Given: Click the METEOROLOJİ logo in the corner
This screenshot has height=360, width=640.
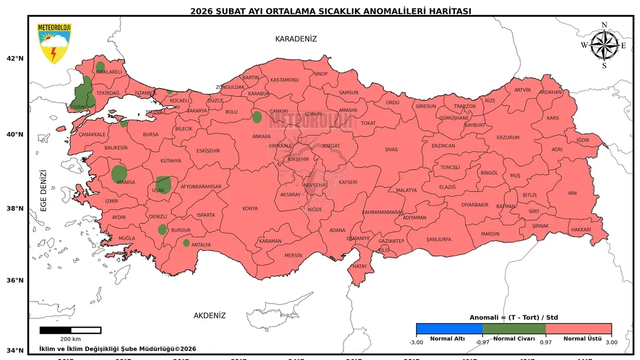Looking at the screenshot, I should click(54, 43).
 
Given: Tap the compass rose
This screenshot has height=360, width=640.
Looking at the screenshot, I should click(604, 45).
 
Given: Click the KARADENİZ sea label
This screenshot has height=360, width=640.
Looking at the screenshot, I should click(296, 39).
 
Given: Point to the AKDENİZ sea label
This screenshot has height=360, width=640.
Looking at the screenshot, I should click(210, 315).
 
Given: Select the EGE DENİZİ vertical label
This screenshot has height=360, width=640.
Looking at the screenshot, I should click(44, 190).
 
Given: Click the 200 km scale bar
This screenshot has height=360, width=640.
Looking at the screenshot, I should click(70, 330).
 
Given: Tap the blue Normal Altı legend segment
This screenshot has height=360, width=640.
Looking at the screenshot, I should click(449, 329).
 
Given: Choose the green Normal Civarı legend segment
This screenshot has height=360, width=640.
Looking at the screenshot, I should click(514, 329).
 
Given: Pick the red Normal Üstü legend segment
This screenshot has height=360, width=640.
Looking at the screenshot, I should click(579, 329).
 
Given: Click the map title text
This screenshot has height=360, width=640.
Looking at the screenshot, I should click(331, 11).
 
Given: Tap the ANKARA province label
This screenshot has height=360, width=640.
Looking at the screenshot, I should click(261, 137).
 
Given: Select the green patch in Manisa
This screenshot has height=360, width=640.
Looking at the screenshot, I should click(119, 174).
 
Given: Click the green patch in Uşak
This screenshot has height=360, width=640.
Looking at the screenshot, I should click(163, 185).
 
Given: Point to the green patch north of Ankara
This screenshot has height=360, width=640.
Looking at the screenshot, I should click(257, 117).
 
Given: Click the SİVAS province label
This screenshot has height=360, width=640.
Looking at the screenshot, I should click(391, 149).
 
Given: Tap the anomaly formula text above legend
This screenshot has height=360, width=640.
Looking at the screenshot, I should click(514, 317).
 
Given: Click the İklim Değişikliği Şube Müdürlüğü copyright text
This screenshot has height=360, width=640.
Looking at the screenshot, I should click(118, 349).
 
